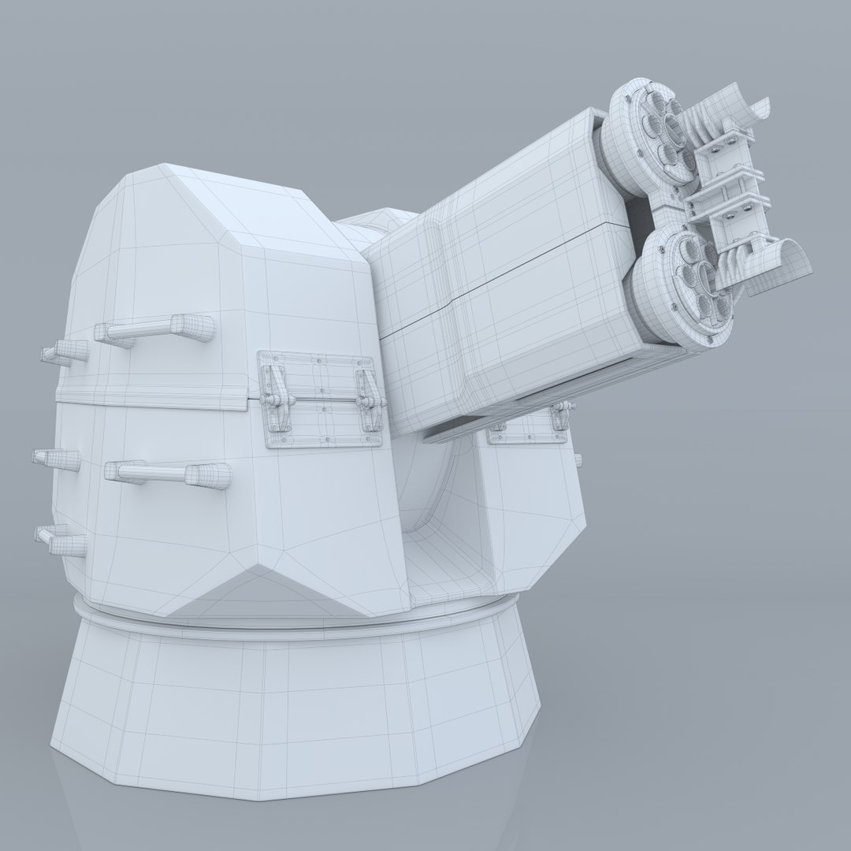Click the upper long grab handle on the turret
pyautogui.click(x=158, y=329)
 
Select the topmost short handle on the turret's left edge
pyautogui.click(x=65, y=352)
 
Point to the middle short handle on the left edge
pyautogui.click(x=57, y=459)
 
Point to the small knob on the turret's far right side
pyautogui.click(x=579, y=459)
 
